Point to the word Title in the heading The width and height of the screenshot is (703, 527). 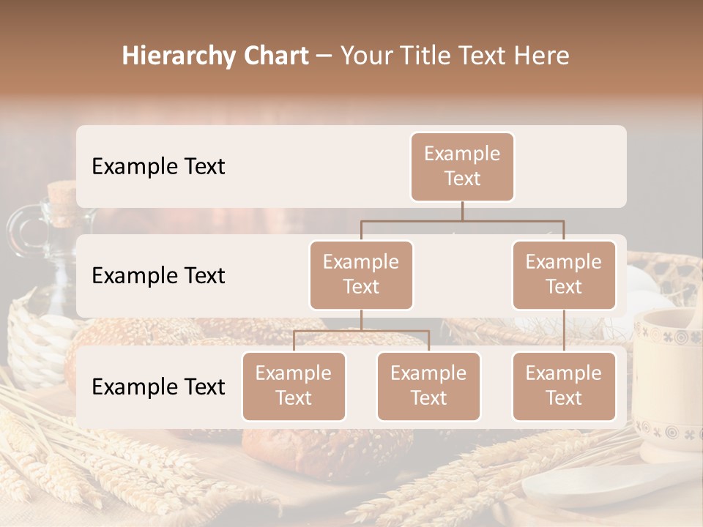click(434, 56)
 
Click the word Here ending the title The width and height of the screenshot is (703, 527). click(541, 56)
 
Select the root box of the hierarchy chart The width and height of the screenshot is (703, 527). click(462, 166)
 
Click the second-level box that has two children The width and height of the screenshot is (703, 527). click(361, 274)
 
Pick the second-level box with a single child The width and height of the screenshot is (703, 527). click(564, 274)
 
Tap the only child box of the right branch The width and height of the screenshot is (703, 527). click(564, 386)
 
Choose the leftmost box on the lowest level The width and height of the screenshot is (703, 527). click(294, 386)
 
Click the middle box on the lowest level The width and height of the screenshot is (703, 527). click(428, 386)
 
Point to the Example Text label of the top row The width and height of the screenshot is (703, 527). click(158, 166)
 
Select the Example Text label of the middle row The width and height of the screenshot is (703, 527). click(158, 275)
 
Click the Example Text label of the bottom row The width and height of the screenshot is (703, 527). click(158, 386)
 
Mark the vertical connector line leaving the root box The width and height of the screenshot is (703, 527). click(462, 211)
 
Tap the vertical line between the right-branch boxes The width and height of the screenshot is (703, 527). click(564, 331)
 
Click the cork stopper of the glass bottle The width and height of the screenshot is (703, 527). click(63, 195)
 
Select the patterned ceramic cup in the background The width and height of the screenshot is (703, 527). click(666, 381)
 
